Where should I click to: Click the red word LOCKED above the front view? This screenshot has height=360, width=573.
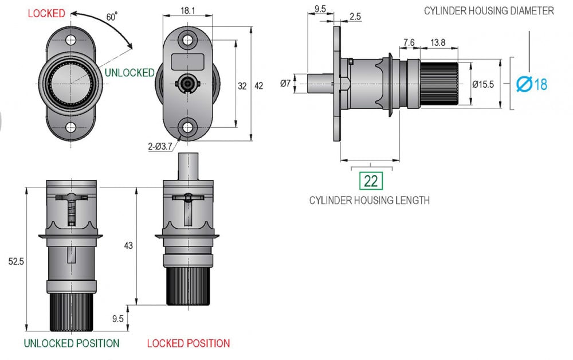(46, 13)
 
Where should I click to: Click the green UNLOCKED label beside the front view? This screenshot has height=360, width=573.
(129, 73)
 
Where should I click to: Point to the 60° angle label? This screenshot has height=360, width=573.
(112, 17)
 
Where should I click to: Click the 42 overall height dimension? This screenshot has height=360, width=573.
(258, 86)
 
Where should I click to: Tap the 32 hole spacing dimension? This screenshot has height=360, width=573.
(242, 86)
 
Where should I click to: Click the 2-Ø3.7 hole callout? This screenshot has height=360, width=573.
(162, 147)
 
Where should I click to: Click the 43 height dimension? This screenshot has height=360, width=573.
(128, 245)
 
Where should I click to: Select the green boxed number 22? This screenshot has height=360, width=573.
(371, 181)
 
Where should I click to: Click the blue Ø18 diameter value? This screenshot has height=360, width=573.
(531, 84)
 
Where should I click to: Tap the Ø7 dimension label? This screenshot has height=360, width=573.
(285, 84)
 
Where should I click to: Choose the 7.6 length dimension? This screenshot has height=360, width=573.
(409, 42)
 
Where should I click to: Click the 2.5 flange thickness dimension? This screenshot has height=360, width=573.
(355, 17)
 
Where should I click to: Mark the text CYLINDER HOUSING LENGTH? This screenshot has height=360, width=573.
(370, 200)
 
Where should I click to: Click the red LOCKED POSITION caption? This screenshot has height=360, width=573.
(189, 343)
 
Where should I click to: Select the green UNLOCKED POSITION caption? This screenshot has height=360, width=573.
(71, 343)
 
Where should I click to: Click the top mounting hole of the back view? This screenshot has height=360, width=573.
(187, 41)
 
